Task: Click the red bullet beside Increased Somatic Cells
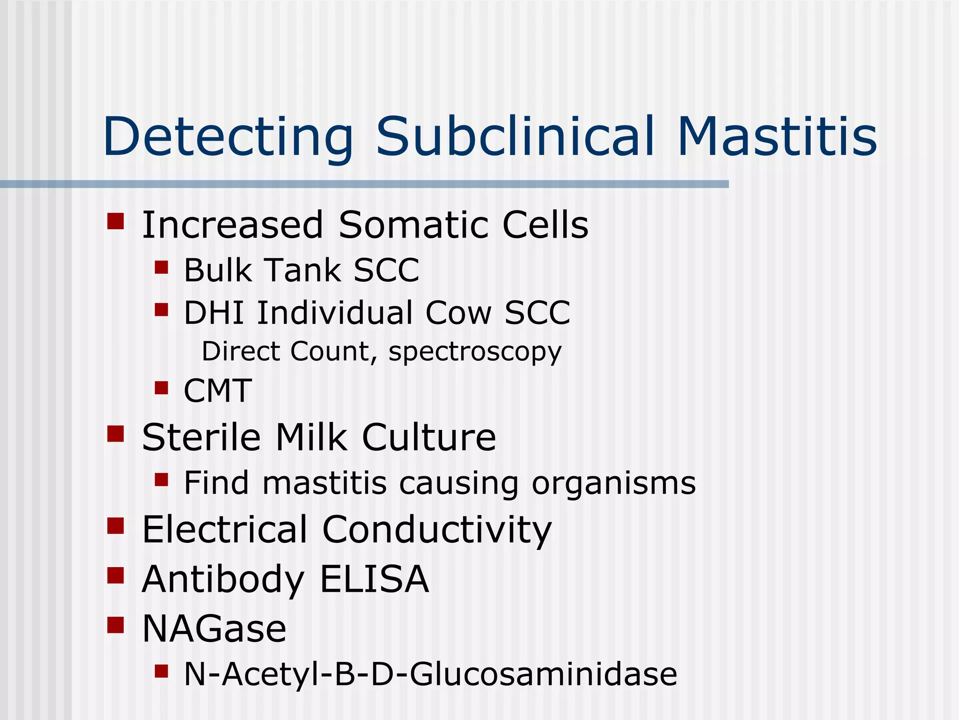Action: point(115,221)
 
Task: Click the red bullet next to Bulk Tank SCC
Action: point(161,267)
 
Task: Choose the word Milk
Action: point(311,437)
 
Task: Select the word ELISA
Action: point(374,579)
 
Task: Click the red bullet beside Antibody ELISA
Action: point(115,575)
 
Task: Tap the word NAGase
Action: point(214,629)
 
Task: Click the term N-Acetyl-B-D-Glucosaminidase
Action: point(430,675)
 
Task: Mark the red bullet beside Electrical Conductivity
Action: point(115,526)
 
